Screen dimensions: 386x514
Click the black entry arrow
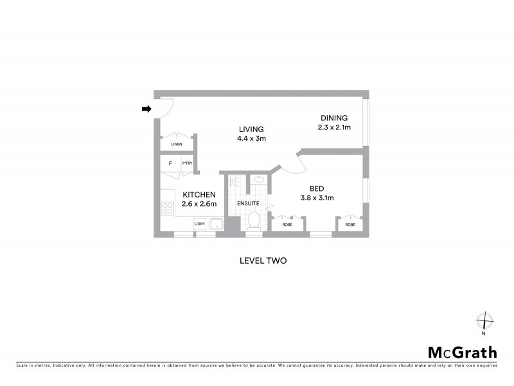pos(146,109)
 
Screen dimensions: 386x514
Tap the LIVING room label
pos(251,129)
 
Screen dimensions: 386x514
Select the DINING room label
pos(334,118)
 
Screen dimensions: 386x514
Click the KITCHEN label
pos(199,195)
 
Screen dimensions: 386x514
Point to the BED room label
pos(315,188)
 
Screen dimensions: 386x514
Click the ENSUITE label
pos(249,203)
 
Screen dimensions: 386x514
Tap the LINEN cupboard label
pos(177,144)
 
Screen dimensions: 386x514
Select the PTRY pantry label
pos(188,163)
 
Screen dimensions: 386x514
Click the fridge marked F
pos(170,163)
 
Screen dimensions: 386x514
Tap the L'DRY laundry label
pos(200,224)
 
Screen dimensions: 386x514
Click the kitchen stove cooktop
pos(167,208)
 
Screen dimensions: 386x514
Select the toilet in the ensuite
pos(254,220)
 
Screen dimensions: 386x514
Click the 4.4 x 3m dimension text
pos(251,138)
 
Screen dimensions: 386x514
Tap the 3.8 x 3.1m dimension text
pos(316,198)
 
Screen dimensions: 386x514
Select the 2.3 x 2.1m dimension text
pos(334,127)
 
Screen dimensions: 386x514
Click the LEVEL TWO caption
pos(262,261)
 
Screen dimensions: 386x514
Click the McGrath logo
pos(463,352)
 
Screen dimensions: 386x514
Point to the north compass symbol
pos(483,321)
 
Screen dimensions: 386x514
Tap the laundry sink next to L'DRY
pos(216,224)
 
